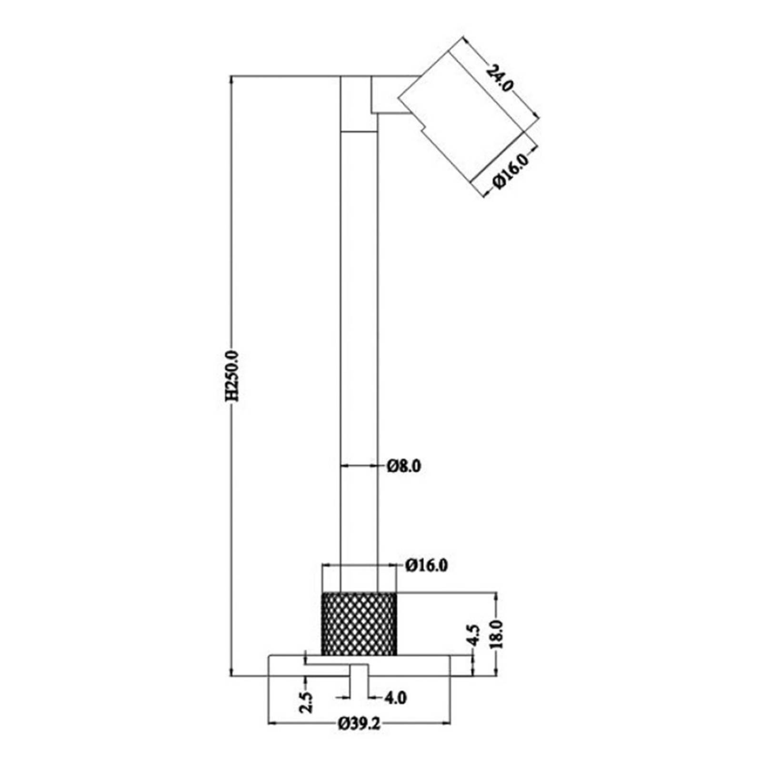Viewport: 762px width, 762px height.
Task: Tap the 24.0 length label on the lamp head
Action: coord(500,79)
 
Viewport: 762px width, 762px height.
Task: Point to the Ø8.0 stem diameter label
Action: coord(404,466)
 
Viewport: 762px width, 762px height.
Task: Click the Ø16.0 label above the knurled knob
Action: coord(427,566)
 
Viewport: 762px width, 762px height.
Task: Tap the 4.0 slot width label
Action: coord(395,698)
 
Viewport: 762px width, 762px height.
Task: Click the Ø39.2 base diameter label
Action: coord(360,738)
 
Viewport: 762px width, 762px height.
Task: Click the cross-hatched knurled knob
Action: coord(359,624)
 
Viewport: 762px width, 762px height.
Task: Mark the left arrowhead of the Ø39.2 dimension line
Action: coord(272,737)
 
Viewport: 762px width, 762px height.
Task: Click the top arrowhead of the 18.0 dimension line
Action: coord(496,596)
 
